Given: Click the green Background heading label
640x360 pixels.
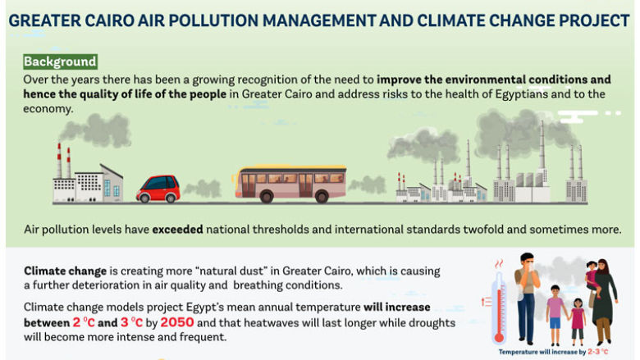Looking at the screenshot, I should pyautogui.click(x=60, y=62).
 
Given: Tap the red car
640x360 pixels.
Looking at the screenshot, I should pyautogui.click(x=158, y=189).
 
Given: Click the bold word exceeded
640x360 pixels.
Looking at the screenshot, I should pyautogui.click(x=176, y=230).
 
